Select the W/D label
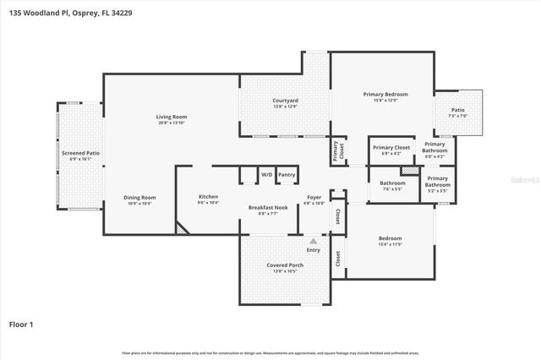[266, 175]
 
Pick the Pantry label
[287, 175]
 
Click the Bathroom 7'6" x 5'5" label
[392, 185]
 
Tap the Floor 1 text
[21, 324]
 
